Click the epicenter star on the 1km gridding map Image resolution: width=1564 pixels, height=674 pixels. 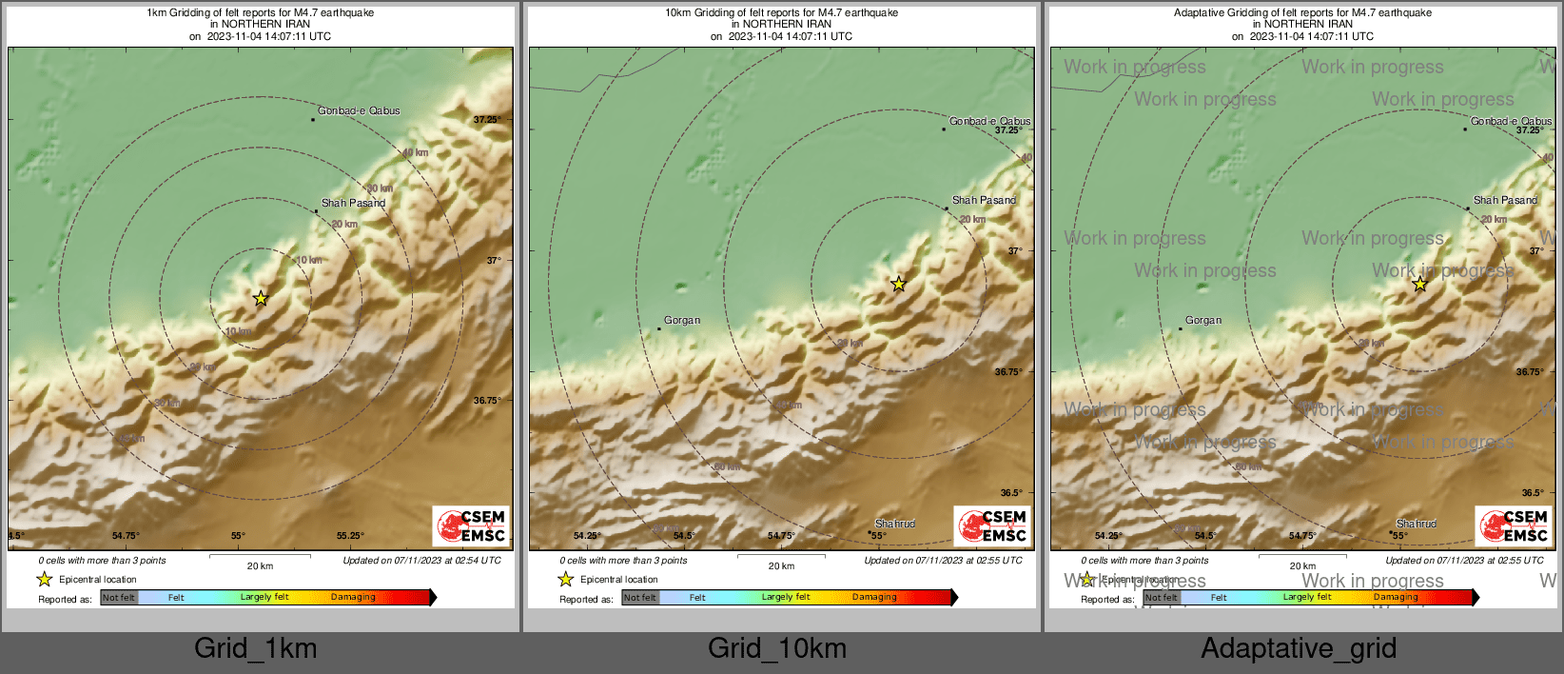tap(261, 298)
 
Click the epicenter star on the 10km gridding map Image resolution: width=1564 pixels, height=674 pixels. tap(898, 284)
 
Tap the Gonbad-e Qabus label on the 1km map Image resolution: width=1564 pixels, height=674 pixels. tap(359, 111)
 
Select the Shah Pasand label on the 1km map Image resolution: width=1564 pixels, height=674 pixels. tap(353, 203)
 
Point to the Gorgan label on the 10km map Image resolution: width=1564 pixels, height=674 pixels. tap(682, 321)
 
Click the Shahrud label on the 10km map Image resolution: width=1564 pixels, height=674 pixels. tap(895, 524)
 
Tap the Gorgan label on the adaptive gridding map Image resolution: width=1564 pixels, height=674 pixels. tap(1203, 321)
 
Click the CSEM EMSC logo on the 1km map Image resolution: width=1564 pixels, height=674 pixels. tap(471, 526)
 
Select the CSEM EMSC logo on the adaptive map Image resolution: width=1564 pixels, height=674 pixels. tap(1514, 526)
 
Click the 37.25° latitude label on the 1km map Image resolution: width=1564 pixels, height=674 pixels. tap(487, 120)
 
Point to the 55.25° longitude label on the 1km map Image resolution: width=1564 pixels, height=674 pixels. tap(351, 536)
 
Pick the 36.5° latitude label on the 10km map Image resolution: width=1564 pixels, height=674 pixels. tap(1011, 493)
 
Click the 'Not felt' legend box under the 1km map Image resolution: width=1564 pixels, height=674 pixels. tap(119, 598)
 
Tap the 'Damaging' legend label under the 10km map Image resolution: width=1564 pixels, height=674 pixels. tap(874, 598)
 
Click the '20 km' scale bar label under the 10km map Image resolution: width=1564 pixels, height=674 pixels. tap(781, 566)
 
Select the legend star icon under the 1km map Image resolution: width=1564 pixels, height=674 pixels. tap(44, 579)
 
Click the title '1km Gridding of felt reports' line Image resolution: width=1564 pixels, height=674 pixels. tap(260, 13)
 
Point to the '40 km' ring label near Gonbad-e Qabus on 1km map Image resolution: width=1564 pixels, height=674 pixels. tap(415, 152)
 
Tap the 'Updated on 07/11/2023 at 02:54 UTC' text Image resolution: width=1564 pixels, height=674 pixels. tap(421, 561)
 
